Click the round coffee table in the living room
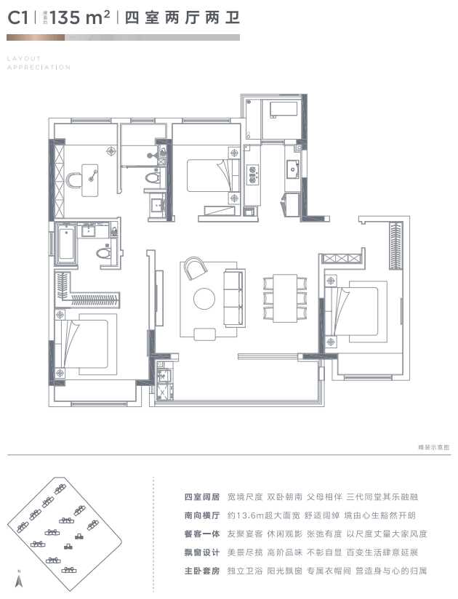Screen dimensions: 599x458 click(x=204, y=299)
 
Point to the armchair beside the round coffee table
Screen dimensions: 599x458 click(x=195, y=269)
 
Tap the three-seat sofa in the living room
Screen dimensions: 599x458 click(x=234, y=299)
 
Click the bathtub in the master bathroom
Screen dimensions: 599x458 click(x=65, y=245)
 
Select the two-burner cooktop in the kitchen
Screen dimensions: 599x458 click(x=254, y=174)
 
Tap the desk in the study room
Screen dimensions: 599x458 click(x=91, y=175)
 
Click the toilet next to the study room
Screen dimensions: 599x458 click(x=153, y=177)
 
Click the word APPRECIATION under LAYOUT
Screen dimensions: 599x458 click(x=39, y=68)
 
